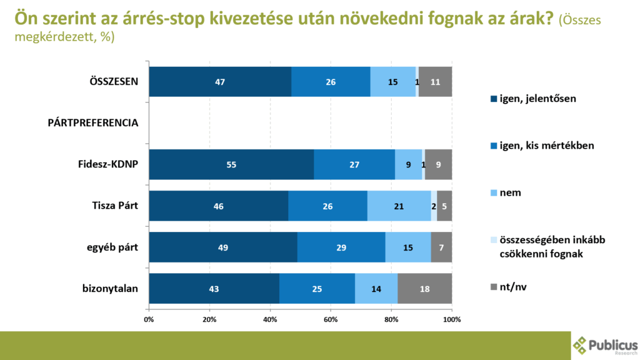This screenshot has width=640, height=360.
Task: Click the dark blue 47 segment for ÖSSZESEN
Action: click(x=220, y=81)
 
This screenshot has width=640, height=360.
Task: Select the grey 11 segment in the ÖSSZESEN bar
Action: click(x=435, y=81)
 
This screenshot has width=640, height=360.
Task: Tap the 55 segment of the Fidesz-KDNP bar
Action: click(x=231, y=164)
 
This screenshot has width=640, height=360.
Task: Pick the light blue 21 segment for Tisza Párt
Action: click(x=399, y=206)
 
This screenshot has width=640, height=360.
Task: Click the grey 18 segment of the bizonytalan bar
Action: click(x=424, y=288)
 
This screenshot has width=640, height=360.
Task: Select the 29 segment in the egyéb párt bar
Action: click(x=341, y=247)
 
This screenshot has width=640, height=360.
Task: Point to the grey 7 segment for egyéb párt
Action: click(x=441, y=247)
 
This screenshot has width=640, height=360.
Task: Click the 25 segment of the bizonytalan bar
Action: click(x=317, y=288)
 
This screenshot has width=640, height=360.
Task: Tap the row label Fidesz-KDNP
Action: click(x=107, y=164)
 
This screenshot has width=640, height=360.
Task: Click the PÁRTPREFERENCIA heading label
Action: click(x=92, y=122)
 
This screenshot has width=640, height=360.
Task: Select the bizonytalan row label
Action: click(x=110, y=288)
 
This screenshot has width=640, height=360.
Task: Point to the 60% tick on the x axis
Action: click(x=331, y=319)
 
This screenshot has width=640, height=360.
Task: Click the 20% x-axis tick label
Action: click(x=209, y=319)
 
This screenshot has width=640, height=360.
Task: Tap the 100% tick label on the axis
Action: click(x=451, y=319)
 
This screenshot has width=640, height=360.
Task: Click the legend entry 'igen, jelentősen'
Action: click(x=537, y=98)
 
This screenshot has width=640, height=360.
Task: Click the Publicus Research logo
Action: click(x=605, y=346)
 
